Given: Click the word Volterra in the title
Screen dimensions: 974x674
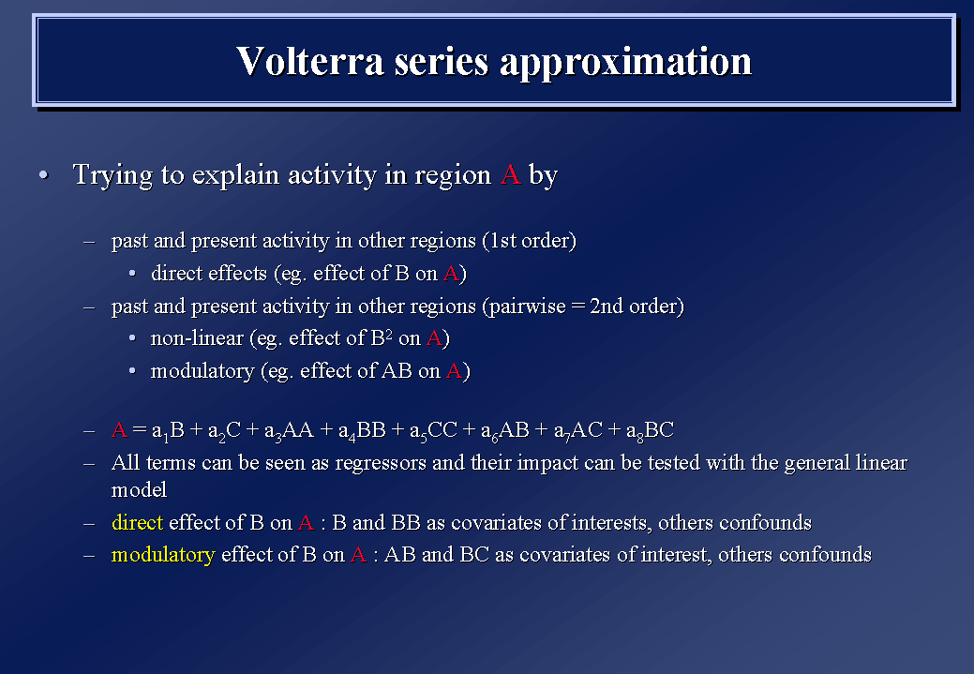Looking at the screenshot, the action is pyautogui.click(x=310, y=61).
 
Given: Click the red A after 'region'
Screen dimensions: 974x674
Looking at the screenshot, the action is pyautogui.click(x=510, y=174).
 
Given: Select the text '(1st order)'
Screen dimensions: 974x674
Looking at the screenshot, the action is pyautogui.click(x=530, y=240).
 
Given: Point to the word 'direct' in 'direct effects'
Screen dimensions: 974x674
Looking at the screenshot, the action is pyautogui.click(x=178, y=273).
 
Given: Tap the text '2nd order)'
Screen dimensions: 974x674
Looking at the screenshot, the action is pyautogui.click(x=637, y=306).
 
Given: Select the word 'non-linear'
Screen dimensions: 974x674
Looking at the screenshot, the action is pyautogui.click(x=197, y=337).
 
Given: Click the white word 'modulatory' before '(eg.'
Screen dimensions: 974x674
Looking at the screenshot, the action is pyautogui.click(x=202, y=371).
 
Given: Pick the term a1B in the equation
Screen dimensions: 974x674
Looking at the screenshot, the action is pyautogui.click(x=168, y=430).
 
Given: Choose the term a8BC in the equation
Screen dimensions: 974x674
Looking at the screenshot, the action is pyautogui.click(x=650, y=430).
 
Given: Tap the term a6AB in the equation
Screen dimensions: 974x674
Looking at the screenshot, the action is pyautogui.click(x=504, y=430).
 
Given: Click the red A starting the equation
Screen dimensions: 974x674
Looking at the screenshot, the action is pyautogui.click(x=119, y=429).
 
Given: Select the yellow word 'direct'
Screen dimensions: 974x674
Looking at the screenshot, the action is pyautogui.click(x=137, y=522).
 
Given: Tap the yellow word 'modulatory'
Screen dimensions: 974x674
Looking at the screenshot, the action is pyautogui.click(x=163, y=555).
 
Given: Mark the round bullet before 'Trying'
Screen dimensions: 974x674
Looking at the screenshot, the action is pyautogui.click(x=43, y=175).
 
